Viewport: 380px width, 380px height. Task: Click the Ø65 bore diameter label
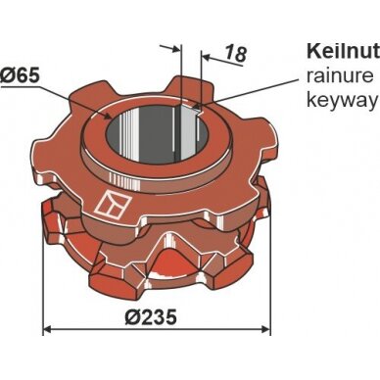tap(21, 76)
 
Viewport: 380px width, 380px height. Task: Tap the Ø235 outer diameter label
tap(151, 316)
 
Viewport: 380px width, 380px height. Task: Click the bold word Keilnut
tap(343, 51)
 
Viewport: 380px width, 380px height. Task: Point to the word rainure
tap(340, 75)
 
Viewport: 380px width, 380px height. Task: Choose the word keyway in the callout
tap(342, 101)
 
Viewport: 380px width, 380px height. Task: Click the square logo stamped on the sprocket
tap(112, 205)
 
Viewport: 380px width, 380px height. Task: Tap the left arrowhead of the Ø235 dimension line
tap(48, 330)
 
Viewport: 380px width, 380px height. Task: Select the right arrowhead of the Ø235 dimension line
tap(265, 330)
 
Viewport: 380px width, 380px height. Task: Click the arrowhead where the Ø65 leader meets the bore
tap(110, 116)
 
